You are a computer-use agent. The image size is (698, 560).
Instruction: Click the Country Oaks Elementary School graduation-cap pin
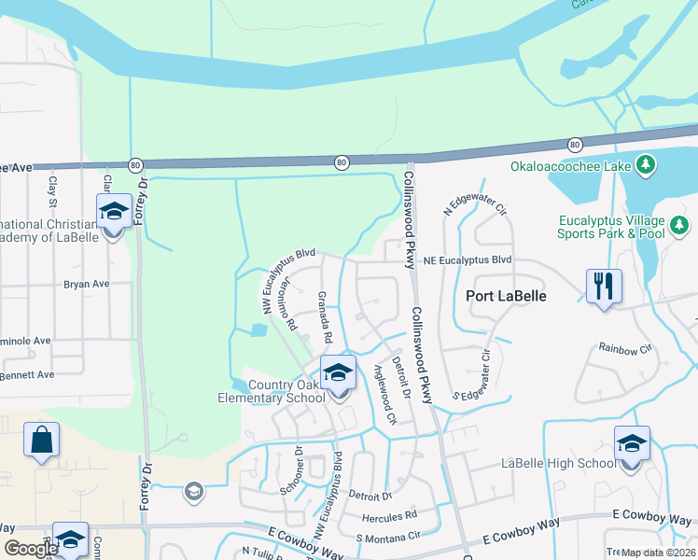coord(338,373)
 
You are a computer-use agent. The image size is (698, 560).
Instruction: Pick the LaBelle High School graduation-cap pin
coord(632,444)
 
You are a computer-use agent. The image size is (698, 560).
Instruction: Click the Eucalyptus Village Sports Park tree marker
coord(680,226)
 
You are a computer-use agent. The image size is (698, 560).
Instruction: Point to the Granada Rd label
coord(326,316)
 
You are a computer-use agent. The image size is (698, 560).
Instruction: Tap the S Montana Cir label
coord(387,538)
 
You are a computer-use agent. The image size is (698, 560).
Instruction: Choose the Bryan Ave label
coord(87,284)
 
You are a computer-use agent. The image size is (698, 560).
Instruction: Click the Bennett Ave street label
coord(28,374)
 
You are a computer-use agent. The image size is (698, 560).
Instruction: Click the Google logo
coord(31,549)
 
